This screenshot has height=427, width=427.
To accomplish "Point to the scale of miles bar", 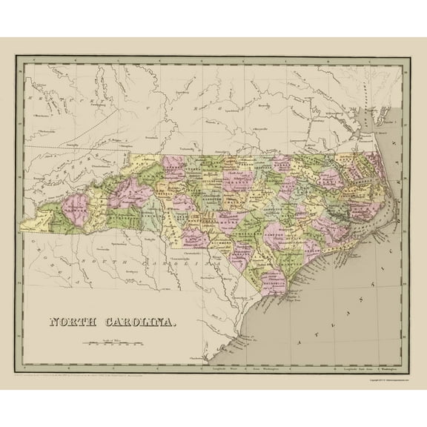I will [112, 343].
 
